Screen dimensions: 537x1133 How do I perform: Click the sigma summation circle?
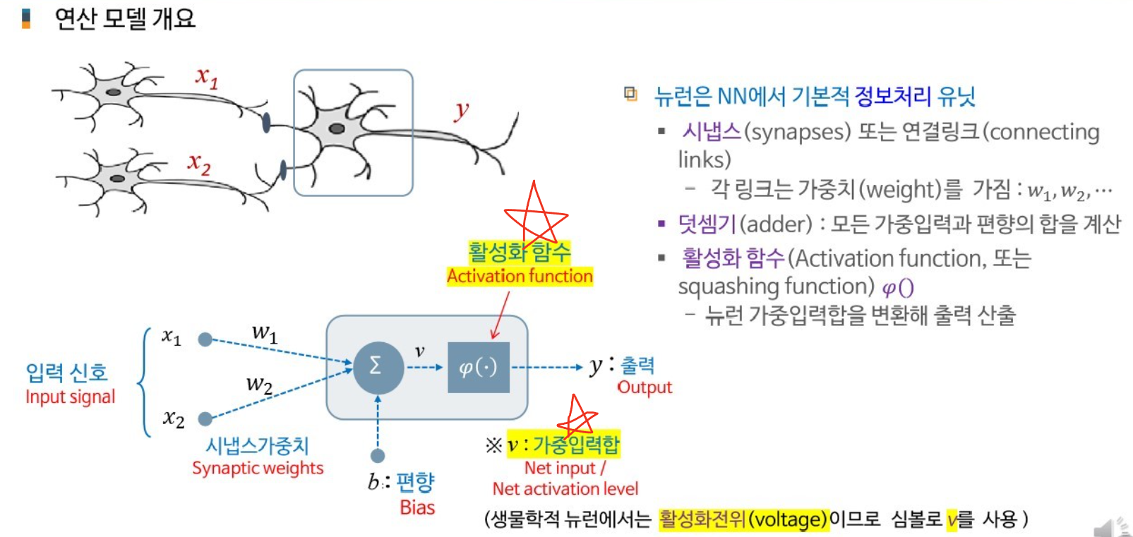pyautogui.click(x=378, y=367)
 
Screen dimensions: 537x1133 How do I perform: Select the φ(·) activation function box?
pyautogui.click(x=478, y=367)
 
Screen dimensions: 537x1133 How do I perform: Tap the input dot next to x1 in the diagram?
pyautogui.click(x=205, y=339)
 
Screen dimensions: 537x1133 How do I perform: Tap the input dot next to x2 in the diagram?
pyautogui.click(x=205, y=419)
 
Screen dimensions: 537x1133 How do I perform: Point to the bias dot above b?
pyautogui.click(x=378, y=456)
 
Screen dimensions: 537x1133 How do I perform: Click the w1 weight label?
pyautogui.click(x=265, y=332)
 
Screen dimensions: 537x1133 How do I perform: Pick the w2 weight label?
pyautogui.click(x=259, y=385)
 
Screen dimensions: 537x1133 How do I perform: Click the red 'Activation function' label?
pyautogui.click(x=520, y=276)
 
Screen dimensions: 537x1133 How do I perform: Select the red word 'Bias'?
pyautogui.click(x=417, y=507)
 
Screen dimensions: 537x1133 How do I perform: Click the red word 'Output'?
pyautogui.click(x=645, y=387)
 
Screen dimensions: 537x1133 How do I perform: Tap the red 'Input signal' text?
pyautogui.click(x=70, y=397)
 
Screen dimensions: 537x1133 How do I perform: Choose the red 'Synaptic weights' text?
pyautogui.click(x=258, y=468)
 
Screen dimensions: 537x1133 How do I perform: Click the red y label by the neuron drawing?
pyautogui.click(x=462, y=110)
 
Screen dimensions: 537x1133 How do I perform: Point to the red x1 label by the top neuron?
pyautogui.click(x=206, y=76)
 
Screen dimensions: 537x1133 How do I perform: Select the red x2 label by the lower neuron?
pyautogui.click(x=199, y=164)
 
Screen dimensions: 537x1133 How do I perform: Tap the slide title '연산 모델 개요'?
pyautogui.click(x=124, y=18)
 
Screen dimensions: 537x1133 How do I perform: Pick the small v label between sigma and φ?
pyautogui.click(x=419, y=351)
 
